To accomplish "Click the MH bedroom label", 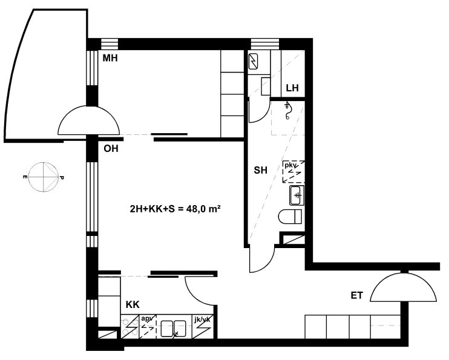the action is coord(110,59).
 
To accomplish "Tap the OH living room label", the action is coord(111,149).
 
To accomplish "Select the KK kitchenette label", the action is coord(133,304).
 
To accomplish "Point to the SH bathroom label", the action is coord(261,170).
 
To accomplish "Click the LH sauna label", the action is coord(292,88).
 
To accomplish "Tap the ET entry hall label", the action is coord(357,295).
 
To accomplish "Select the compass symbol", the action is coord(44,177).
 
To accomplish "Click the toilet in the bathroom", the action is coord(290,216).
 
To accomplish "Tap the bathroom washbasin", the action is coord(297,195).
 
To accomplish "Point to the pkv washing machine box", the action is coord(293,172).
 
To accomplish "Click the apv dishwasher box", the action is coord(148,327).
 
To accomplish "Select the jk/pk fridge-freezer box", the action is coord(203,327).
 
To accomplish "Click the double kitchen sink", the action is coord(173,328).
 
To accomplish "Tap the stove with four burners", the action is coord(129,327).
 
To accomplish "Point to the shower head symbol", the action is coord(287,111).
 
